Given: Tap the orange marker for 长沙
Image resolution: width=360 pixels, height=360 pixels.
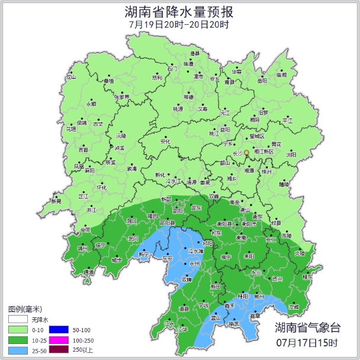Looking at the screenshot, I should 247,153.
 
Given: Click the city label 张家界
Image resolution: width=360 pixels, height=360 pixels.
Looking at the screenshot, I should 122,97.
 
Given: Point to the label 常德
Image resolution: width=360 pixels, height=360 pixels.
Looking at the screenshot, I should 188,97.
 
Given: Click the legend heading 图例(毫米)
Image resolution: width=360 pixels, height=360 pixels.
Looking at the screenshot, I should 25,309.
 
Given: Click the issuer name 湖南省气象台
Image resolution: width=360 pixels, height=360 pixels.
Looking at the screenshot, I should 307,328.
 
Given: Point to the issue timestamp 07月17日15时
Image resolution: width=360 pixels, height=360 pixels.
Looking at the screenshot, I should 307,343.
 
